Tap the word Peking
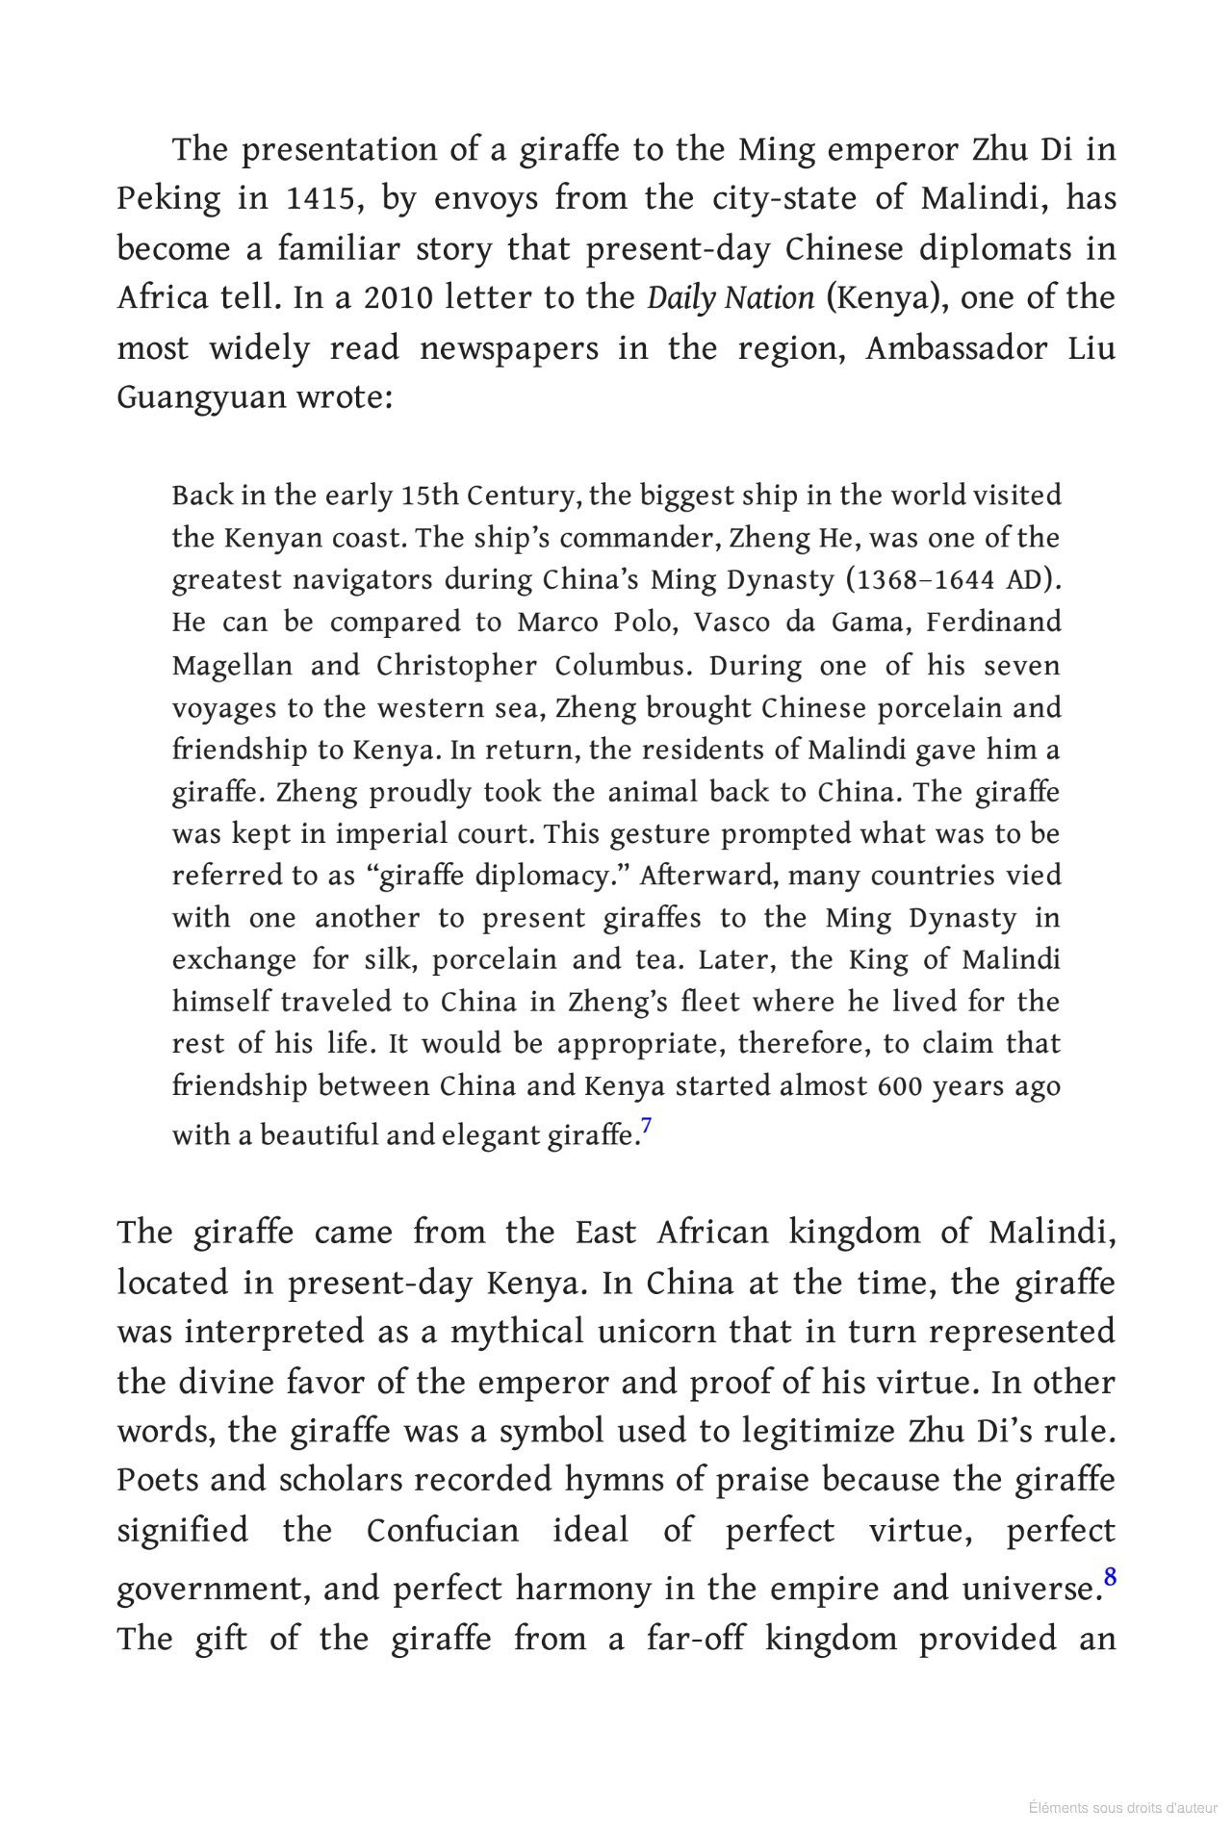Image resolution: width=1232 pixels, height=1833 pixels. click(x=168, y=199)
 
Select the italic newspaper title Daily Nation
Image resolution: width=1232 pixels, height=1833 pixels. click(x=731, y=298)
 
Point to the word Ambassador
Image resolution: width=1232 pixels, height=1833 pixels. click(x=955, y=347)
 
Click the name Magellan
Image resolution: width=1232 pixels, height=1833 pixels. click(x=218, y=666)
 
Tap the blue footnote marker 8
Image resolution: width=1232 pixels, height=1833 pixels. click(x=1109, y=1577)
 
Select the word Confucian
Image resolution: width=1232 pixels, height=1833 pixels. click(x=442, y=1531)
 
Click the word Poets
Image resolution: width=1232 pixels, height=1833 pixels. click(x=159, y=1481)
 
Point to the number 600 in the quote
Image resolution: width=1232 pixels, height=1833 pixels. click(x=898, y=1086)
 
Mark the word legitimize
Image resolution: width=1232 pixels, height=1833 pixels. click(x=820, y=1432)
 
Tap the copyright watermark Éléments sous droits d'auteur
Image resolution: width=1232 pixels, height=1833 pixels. click(x=1122, y=1808)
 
